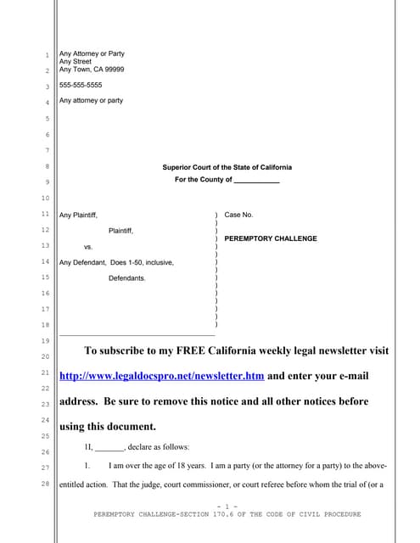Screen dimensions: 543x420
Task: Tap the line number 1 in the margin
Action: coord(48,55)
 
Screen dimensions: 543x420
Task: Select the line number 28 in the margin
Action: coord(47,485)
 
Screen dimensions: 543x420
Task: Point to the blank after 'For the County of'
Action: coord(256,181)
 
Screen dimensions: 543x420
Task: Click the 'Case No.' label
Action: coord(238,216)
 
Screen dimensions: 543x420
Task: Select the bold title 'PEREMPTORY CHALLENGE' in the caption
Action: coord(271,238)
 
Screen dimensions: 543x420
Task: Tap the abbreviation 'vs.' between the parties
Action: coord(88,247)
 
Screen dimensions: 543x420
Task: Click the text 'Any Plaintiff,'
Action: coord(84,216)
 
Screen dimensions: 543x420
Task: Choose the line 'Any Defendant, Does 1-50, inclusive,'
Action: coord(116,262)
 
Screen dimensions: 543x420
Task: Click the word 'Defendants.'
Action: coord(126,278)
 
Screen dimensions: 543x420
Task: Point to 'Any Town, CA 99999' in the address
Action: coord(92,70)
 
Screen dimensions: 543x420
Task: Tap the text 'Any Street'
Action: coord(75,61)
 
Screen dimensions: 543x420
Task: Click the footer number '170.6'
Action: coord(236,514)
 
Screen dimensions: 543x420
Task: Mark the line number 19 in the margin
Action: coord(47,340)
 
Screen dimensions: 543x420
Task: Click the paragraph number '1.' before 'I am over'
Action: coord(87,467)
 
